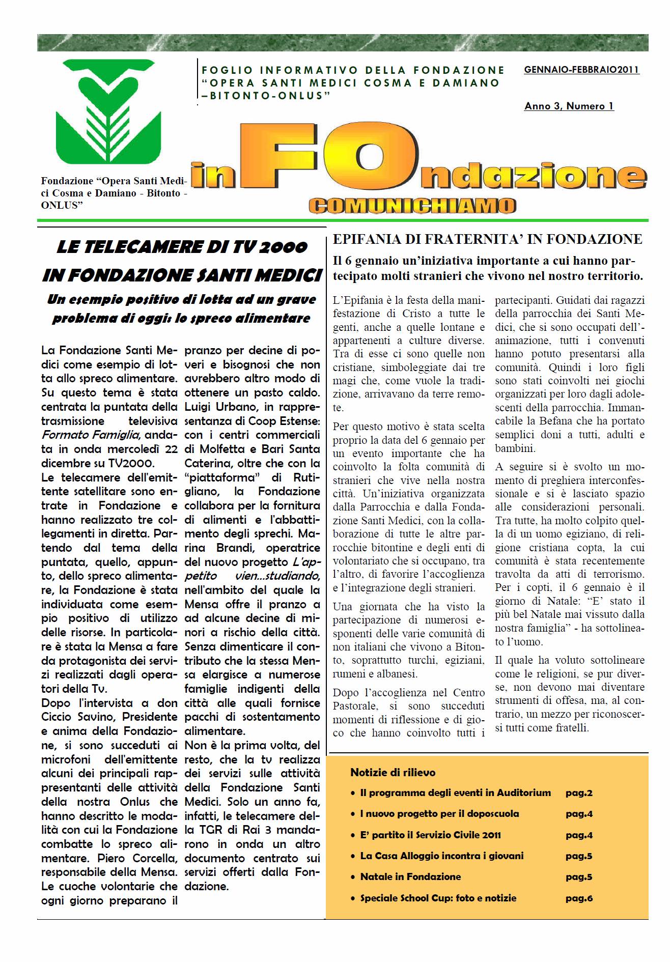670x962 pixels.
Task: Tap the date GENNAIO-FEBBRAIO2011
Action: point(581,70)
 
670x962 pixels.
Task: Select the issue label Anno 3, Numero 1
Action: point(569,106)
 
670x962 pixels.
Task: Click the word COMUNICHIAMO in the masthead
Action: point(412,205)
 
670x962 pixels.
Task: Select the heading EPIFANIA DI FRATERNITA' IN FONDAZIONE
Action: point(487,239)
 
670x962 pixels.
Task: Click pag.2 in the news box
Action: point(579,793)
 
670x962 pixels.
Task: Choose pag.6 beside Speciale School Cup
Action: point(579,898)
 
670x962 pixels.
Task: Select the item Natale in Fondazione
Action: point(410,877)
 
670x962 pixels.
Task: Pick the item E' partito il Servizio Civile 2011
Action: point(430,835)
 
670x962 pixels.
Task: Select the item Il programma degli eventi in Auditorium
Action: point(455,793)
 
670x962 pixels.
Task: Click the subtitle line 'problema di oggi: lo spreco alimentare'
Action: point(181,319)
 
